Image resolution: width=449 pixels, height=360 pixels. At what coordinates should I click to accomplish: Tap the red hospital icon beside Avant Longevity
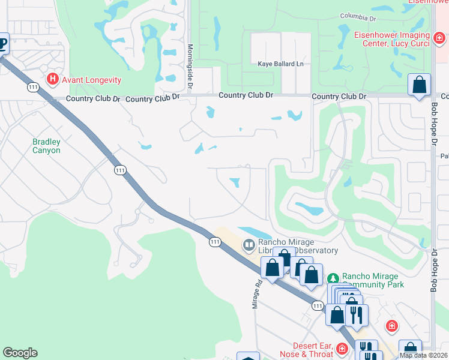click(53, 79)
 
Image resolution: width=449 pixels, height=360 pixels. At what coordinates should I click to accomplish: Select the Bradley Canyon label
click(46, 146)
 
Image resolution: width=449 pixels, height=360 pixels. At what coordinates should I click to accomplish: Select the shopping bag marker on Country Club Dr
click(420, 85)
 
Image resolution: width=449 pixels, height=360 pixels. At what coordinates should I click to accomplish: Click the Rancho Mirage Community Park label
click(372, 280)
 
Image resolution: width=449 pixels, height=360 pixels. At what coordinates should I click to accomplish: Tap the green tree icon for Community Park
click(333, 278)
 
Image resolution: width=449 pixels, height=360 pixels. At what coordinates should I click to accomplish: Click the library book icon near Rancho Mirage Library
click(249, 245)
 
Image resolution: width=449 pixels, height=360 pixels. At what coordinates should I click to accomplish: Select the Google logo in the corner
click(20, 353)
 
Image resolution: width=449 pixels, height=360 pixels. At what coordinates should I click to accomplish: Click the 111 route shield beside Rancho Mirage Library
click(214, 242)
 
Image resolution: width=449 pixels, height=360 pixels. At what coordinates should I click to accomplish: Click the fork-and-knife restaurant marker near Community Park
click(357, 314)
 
